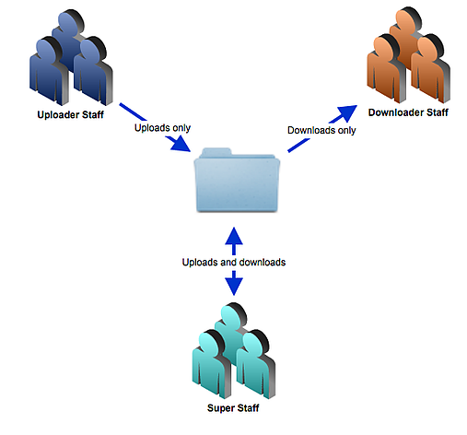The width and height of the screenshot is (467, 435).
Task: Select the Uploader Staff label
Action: point(70,117)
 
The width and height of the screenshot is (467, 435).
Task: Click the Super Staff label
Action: point(233,406)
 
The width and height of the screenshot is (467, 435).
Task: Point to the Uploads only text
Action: point(163,127)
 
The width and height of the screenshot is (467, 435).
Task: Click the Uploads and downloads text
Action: point(233,262)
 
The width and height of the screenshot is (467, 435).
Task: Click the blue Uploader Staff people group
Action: point(70,60)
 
